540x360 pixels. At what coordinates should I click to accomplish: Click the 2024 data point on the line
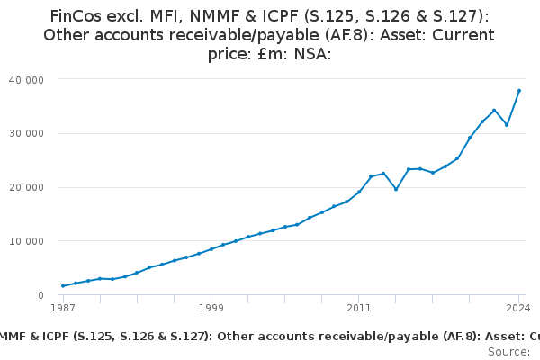click(519, 91)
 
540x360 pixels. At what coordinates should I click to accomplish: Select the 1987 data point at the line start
click(63, 286)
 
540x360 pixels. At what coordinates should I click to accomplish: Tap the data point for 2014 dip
click(396, 189)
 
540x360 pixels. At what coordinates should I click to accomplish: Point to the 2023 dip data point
click(507, 125)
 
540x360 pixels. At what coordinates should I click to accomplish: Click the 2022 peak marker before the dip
click(494, 111)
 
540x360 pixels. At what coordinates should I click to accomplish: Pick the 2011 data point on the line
click(359, 192)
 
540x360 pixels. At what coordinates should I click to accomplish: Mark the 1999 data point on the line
click(211, 249)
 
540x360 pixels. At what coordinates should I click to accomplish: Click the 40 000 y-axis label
click(32, 79)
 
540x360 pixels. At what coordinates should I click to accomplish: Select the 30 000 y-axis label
click(32, 133)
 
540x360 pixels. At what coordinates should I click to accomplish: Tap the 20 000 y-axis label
click(32, 187)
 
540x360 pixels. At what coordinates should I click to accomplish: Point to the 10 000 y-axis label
click(32, 241)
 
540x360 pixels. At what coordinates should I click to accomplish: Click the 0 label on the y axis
click(41, 295)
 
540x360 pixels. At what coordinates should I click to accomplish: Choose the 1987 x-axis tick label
click(63, 308)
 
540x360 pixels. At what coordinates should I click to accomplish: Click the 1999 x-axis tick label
click(211, 308)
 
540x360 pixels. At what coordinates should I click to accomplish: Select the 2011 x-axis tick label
click(359, 308)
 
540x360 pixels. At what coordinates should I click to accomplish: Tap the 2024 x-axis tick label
click(518, 308)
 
